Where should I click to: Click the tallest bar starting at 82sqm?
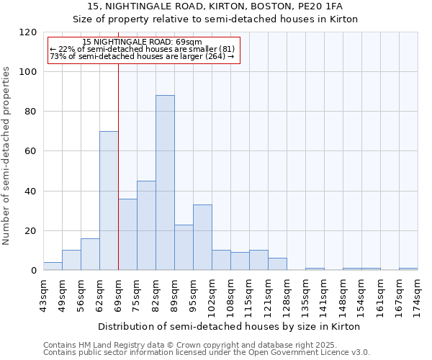tap(165, 183)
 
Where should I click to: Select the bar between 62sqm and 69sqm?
tap(109, 201)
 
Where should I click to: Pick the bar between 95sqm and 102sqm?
tap(202, 238)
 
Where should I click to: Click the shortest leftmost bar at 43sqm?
tap(53, 266)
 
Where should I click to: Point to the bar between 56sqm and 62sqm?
tap(90, 254)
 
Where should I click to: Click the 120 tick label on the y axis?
tap(28, 32)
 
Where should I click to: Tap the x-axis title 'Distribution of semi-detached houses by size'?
tap(228, 326)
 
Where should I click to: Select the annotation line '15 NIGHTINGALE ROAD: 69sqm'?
tap(142, 42)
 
